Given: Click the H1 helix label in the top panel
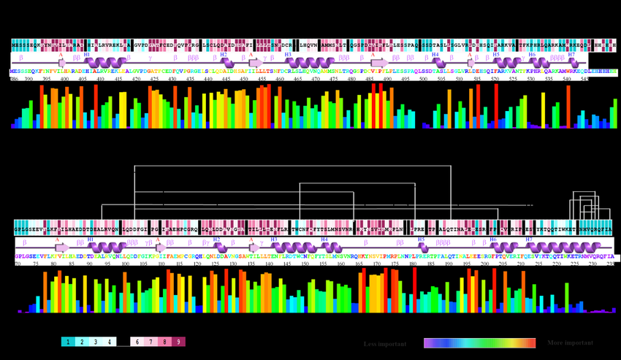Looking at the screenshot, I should pyautogui.click(x=87, y=55).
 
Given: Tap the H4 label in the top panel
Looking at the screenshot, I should pyautogui.click(x=435, y=55).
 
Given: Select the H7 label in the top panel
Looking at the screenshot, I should pyautogui.click(x=571, y=55).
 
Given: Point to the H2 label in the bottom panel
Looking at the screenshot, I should pyautogui.click(x=216, y=240).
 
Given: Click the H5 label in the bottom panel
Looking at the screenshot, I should pyautogui.click(x=421, y=240).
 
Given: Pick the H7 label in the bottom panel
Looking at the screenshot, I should pyautogui.click(x=529, y=240).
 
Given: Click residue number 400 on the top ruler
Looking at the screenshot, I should pyautogui.click(x=65, y=79).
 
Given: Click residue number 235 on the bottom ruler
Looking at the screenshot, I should pyautogui.click(x=610, y=264).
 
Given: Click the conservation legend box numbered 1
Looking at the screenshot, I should pyautogui.click(x=68, y=342).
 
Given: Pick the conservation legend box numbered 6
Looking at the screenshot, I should pyautogui.click(x=137, y=342).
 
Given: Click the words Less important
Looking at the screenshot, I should pyautogui.click(x=385, y=343).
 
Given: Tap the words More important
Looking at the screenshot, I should pyautogui.click(x=570, y=342).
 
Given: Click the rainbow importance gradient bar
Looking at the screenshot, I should pyautogui.click(x=479, y=342).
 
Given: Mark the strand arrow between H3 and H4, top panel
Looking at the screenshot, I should pyautogui.click(x=380, y=64).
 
